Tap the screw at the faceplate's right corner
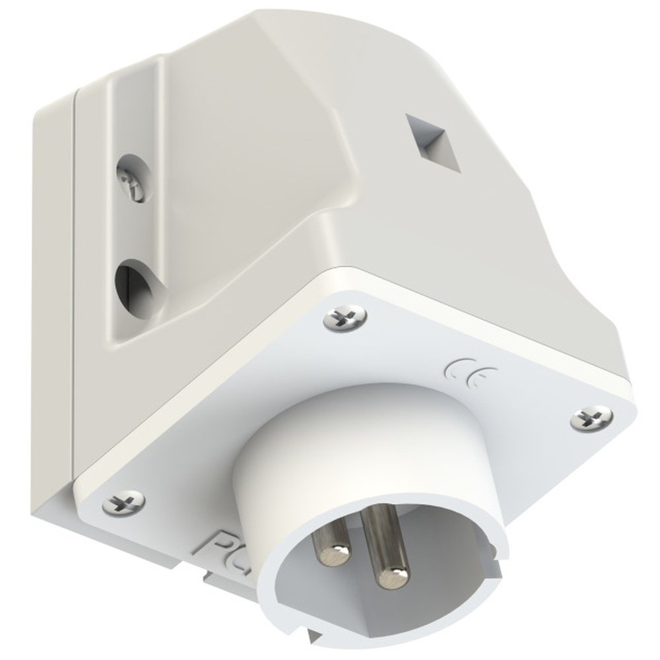(x=591, y=417)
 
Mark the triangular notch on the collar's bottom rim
(x=315, y=618)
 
